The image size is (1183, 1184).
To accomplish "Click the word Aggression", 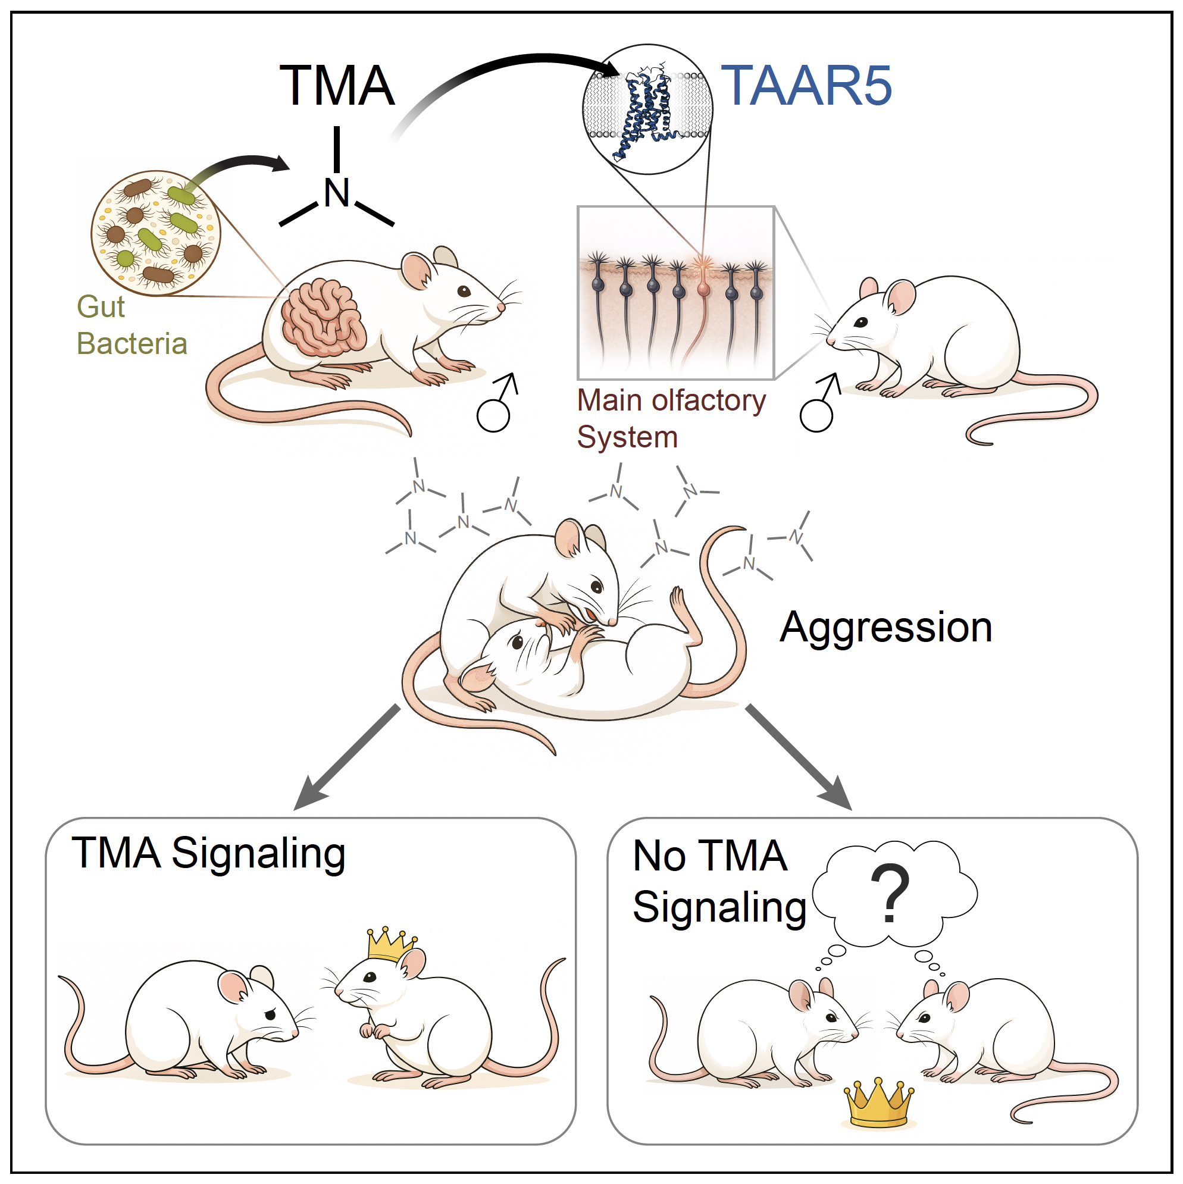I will pos(885,628).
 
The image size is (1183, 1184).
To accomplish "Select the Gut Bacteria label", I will pos(130,325).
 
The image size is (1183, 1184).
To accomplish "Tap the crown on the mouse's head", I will pos(390,944).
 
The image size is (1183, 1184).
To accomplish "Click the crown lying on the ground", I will pos(878,1103).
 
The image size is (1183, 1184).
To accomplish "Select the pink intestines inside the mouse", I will pos(323,318).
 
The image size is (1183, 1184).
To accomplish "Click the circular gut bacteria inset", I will pos(156,233).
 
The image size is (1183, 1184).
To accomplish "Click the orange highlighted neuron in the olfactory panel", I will pos(702,288).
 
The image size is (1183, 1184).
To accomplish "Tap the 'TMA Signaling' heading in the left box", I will pos(208,853).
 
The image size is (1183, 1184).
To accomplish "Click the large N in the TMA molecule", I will pos(336,193).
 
